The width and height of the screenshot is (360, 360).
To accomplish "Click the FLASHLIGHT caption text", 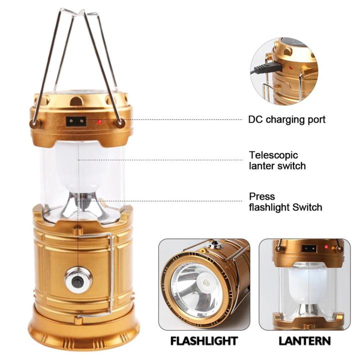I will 204,341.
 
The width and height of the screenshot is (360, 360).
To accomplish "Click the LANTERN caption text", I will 304,341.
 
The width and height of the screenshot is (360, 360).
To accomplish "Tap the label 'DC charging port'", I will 286,119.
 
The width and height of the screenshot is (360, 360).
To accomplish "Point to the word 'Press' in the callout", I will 262,196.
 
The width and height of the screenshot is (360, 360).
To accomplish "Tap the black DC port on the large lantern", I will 76,121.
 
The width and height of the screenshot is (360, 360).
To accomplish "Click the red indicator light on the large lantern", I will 99,121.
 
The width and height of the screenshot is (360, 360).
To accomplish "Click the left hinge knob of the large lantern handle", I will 34,122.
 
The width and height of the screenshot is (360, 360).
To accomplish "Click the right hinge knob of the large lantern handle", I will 120,122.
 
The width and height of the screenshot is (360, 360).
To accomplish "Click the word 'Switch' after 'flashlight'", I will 308,207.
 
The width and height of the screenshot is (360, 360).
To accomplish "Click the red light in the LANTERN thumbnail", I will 326,247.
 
